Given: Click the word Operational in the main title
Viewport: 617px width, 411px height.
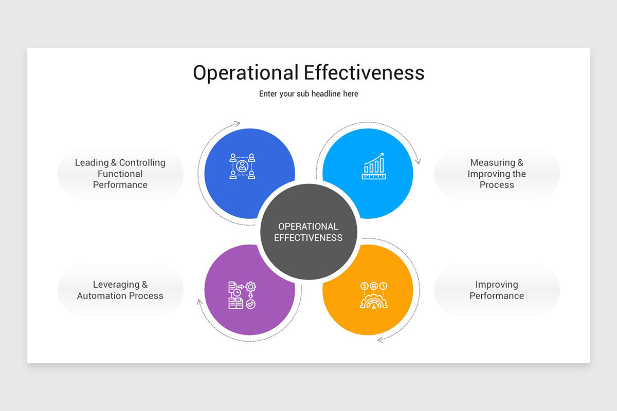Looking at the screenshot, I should click(246, 73).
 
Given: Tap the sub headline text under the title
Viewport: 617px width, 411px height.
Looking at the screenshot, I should click(308, 94).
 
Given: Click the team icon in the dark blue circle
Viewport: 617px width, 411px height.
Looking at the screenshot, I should click(242, 166).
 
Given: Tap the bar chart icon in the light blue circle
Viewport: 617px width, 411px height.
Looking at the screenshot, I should click(373, 166).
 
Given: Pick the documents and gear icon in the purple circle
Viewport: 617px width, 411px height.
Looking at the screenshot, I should click(242, 295).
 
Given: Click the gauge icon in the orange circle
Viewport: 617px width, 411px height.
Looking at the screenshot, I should click(374, 295).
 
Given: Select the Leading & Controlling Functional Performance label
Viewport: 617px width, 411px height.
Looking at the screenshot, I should click(120, 174).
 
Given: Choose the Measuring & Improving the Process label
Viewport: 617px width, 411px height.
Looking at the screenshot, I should click(497, 174).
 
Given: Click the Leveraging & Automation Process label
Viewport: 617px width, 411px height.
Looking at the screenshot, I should click(120, 290).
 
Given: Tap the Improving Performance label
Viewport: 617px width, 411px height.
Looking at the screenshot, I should click(497, 290).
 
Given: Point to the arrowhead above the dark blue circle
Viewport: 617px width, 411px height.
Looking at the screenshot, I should click(237, 123).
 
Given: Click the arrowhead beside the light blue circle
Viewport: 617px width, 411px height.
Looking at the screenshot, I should click(418, 161).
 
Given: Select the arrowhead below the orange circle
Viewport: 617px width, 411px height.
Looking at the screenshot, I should click(380, 340).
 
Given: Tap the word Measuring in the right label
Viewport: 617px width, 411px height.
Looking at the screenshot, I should click(493, 162).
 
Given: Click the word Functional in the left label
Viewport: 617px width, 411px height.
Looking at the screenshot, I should click(120, 174).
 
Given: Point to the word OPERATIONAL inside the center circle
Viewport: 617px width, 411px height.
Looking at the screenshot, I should click(308, 227).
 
